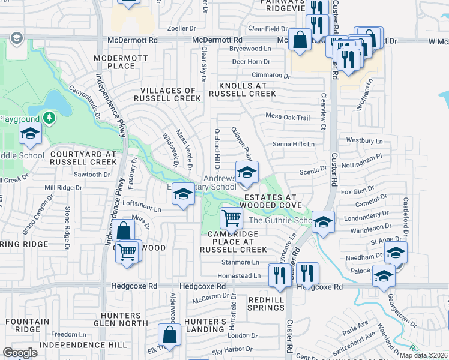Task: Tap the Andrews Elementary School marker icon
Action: pos(246,173)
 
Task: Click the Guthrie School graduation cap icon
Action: pos(323,222)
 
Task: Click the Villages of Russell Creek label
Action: pos(167,94)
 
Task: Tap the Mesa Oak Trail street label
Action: pos(288,118)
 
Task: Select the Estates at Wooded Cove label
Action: pos(270,201)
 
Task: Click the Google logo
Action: pos(20,353)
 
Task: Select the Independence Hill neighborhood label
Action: pos(67,345)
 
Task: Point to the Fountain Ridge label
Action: pos(28,326)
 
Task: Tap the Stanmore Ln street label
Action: pos(240,262)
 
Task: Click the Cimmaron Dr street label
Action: pos(270,75)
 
